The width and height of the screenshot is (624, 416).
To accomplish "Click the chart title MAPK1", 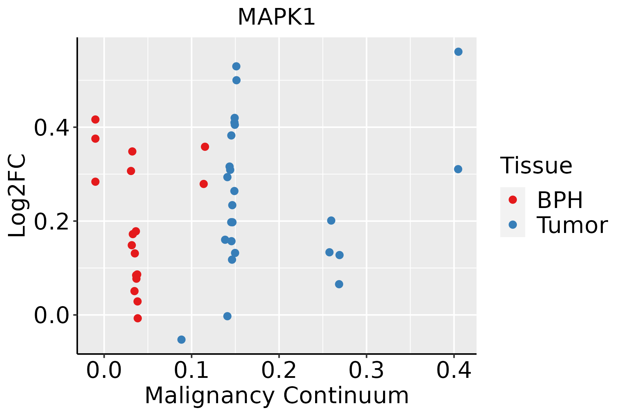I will point(276,17).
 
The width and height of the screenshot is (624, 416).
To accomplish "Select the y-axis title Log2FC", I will point(17,196).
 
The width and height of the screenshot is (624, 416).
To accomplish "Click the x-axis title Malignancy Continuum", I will point(276,396).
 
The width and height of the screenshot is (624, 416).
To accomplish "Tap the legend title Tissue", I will point(536,166).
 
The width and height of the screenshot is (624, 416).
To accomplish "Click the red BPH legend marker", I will point(512,200).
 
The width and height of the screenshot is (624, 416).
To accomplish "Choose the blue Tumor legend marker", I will point(512,225).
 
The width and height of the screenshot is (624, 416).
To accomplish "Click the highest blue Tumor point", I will point(458,52).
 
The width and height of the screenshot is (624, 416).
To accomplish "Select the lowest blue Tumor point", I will point(181,339).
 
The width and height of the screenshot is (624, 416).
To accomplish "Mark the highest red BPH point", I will point(95,120).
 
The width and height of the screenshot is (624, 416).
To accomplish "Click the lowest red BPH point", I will point(138,318).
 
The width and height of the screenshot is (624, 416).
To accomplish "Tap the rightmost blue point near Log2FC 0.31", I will point(458,169).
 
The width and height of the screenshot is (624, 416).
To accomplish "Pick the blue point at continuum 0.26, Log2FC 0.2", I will point(331,220).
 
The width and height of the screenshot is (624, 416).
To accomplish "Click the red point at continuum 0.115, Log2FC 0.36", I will point(205,147).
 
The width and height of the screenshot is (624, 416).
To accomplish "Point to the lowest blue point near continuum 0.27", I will point(339,284).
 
